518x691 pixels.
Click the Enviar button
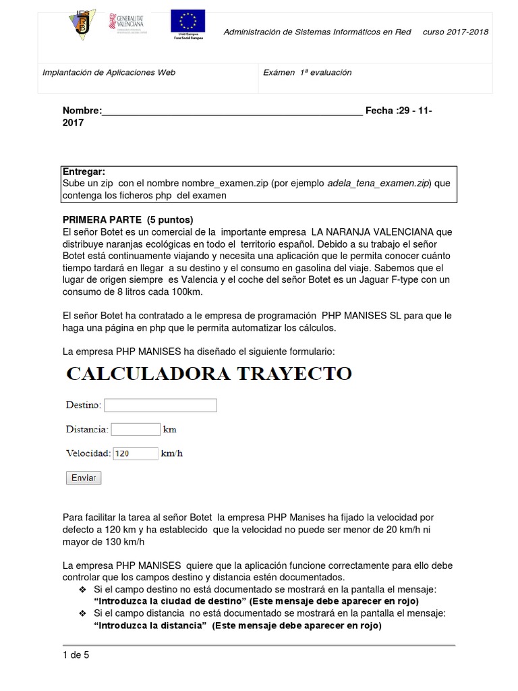[x=83, y=478]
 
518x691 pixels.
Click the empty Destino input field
[x=161, y=405]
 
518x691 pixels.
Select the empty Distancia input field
[x=135, y=429]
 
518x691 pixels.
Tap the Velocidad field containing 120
[x=135, y=453]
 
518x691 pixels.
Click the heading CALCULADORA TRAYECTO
[x=208, y=373]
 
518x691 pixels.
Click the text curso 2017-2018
[x=455, y=32]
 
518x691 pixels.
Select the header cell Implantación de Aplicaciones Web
[x=109, y=72]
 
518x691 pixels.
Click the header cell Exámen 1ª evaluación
[x=307, y=72]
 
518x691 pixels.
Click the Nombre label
[x=82, y=111]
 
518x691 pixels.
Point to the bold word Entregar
[x=84, y=171]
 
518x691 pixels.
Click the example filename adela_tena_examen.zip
[x=378, y=184]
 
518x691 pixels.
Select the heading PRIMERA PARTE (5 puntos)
[x=127, y=220]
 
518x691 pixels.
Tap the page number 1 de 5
[x=76, y=655]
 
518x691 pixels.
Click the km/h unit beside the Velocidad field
[x=171, y=453]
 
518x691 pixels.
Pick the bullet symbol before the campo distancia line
[x=83, y=613]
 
